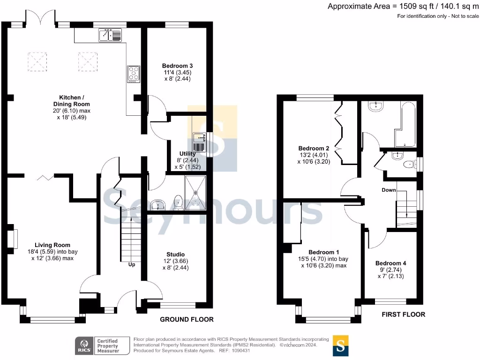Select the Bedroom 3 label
(177, 66)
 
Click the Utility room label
(187, 153)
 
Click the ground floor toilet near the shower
(179, 202)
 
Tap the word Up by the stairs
(132, 264)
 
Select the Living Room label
(52, 245)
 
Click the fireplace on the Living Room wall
(15, 239)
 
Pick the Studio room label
(175, 254)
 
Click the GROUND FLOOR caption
(187, 319)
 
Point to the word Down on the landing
(389, 190)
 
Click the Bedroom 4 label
(391, 263)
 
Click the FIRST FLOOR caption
(403, 314)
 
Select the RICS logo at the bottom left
(84, 345)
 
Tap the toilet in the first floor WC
(410, 164)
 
